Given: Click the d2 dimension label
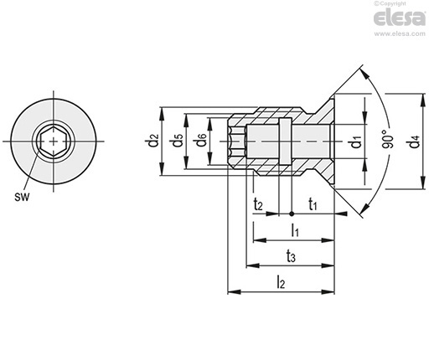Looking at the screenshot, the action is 153,141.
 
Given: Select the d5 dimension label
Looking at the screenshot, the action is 178,141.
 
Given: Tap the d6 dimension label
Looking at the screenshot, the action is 201,141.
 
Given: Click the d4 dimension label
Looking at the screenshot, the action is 414,141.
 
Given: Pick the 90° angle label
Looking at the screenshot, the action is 388,139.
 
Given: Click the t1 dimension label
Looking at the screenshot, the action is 313,204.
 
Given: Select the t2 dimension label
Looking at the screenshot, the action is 258,204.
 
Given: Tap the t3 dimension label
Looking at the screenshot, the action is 291,256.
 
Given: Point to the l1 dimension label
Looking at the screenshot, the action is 295,230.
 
